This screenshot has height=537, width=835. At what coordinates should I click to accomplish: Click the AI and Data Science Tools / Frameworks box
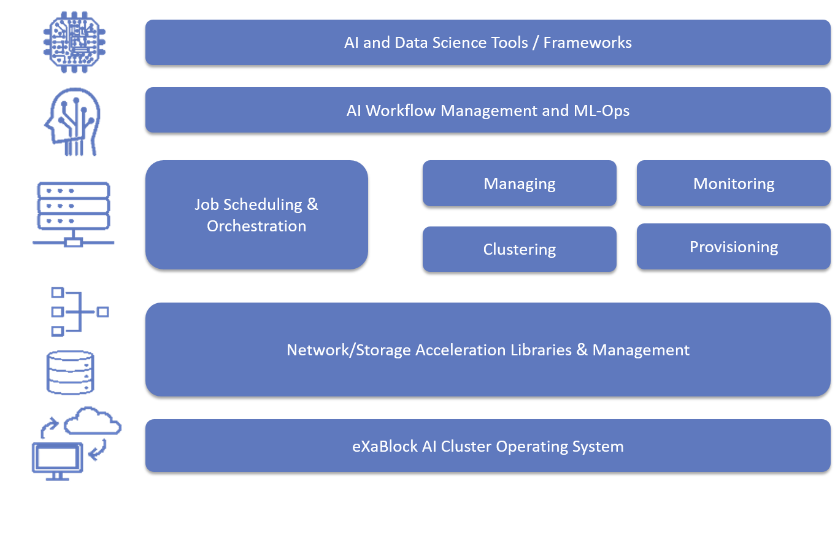(x=488, y=42)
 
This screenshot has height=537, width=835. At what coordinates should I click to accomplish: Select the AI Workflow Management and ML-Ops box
(x=488, y=110)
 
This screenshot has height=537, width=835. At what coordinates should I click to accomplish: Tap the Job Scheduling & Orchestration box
(x=256, y=215)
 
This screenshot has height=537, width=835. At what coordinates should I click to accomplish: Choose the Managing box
(x=519, y=184)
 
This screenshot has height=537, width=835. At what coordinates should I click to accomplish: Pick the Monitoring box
(x=733, y=184)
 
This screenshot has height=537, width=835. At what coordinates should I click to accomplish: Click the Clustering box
(x=519, y=249)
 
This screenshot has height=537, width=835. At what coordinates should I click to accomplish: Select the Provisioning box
(x=733, y=247)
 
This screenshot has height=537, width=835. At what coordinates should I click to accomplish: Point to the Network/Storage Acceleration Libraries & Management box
(x=488, y=350)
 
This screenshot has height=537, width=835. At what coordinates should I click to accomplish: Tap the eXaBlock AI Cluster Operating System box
(x=488, y=446)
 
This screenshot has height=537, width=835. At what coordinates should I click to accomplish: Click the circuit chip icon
(x=74, y=41)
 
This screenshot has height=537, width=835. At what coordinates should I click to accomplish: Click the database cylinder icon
(x=71, y=373)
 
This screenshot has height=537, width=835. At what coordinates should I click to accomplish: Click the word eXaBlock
(x=385, y=446)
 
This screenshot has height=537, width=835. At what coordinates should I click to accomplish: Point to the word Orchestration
(x=256, y=226)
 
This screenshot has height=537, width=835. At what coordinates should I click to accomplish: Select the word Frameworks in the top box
(x=587, y=42)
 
